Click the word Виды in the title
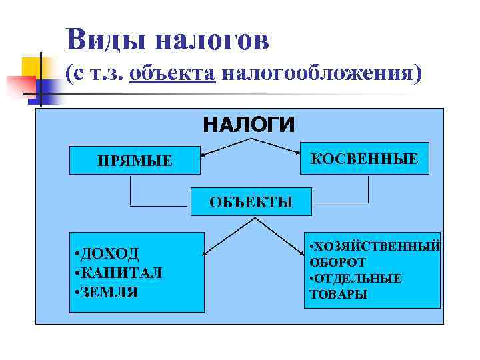[106, 39]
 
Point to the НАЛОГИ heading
[249, 124]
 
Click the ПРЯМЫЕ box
[135, 161]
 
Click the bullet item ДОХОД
[110, 254]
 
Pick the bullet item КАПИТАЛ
[121, 273]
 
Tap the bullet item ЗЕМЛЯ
[110, 291]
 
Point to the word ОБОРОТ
[337, 263]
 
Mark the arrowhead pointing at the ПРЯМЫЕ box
[204, 155]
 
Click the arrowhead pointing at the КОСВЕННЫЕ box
[297, 153]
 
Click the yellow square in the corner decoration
[31, 66]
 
